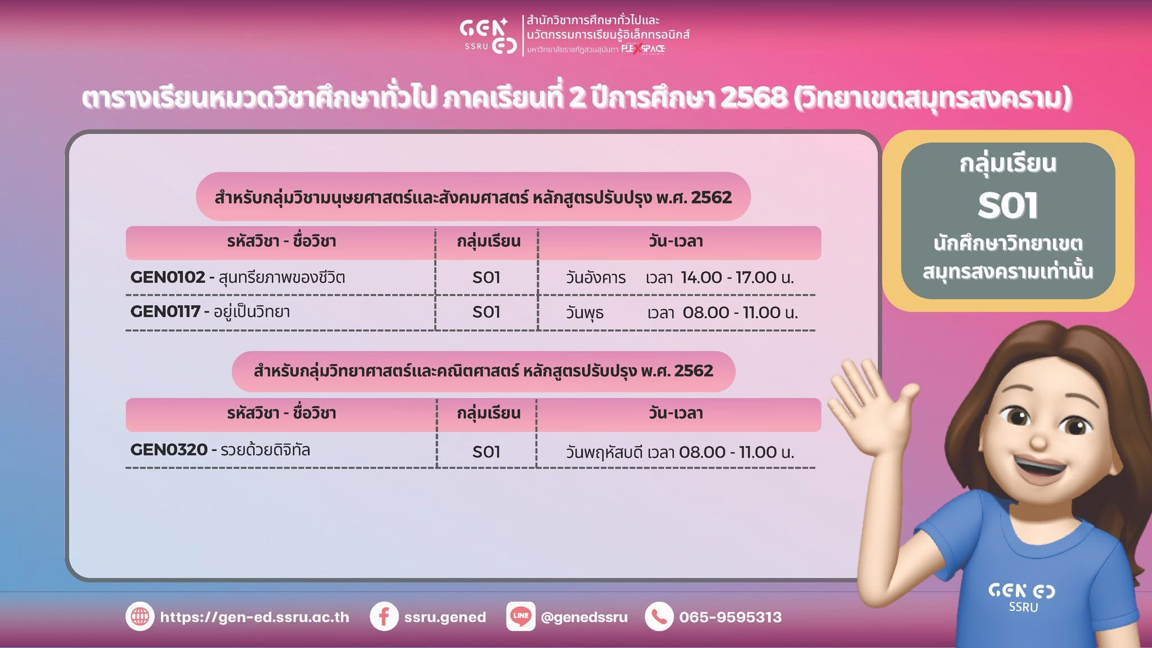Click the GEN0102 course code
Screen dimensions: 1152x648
168,277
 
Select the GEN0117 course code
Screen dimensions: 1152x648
165,312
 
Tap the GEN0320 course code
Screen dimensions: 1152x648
169,450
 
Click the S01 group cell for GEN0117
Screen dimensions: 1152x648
487,312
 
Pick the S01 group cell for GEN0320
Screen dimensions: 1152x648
487,452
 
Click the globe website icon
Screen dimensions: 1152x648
139,616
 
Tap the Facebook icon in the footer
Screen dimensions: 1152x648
384,616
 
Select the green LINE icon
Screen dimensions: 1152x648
520,616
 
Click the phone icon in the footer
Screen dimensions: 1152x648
659,616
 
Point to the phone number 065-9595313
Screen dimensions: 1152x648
730,617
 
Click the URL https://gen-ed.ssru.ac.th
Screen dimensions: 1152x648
254,618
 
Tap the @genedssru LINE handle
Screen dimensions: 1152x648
584,618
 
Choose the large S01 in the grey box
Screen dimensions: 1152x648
1007,205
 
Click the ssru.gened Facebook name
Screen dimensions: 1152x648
445,618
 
